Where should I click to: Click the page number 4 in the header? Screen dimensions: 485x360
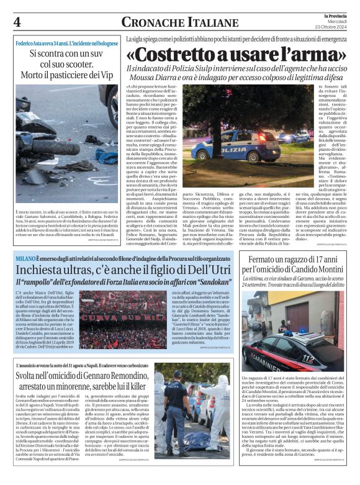pyautogui.click(x=17, y=23)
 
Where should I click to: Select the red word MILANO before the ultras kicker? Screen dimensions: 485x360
pyautogui.click(x=27, y=258)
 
